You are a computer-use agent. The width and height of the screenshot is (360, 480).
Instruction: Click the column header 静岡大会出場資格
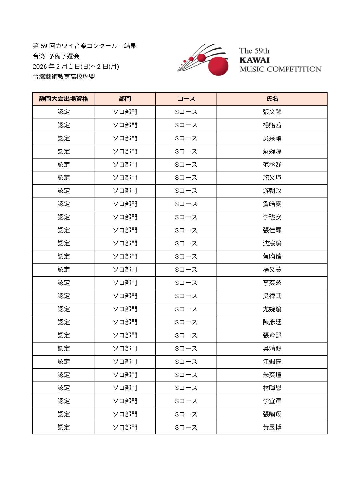(x=63, y=99)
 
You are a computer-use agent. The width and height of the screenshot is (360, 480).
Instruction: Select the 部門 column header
(x=125, y=99)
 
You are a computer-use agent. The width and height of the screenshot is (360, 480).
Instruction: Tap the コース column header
(x=186, y=99)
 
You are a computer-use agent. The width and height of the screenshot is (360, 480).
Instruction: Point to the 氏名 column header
(x=272, y=99)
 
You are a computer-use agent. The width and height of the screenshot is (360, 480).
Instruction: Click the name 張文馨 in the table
(x=272, y=112)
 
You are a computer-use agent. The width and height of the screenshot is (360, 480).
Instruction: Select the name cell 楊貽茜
(x=272, y=125)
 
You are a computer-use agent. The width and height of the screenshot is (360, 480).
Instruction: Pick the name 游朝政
(x=272, y=191)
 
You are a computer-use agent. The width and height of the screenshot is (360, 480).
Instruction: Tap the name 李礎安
(x=272, y=217)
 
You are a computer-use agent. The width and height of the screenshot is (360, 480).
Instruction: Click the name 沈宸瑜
(x=272, y=243)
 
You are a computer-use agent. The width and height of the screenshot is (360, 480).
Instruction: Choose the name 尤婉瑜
(x=272, y=309)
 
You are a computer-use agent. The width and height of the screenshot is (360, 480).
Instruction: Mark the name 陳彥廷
(x=272, y=322)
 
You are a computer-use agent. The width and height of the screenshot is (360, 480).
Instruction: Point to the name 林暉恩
(x=272, y=388)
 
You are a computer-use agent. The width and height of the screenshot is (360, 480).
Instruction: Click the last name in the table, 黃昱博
(x=272, y=427)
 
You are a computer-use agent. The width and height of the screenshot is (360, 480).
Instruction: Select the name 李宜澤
(x=272, y=401)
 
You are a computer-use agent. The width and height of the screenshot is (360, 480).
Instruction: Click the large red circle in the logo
(x=218, y=65)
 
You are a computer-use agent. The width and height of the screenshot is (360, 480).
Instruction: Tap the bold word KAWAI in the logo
(x=254, y=60)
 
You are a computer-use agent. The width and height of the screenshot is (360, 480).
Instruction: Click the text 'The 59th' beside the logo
(x=254, y=51)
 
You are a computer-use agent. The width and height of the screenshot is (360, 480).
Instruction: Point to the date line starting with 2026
(x=76, y=67)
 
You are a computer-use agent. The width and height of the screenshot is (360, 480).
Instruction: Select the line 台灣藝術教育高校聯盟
(x=64, y=77)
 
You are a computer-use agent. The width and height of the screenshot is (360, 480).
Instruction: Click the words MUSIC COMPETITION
(x=280, y=69)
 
